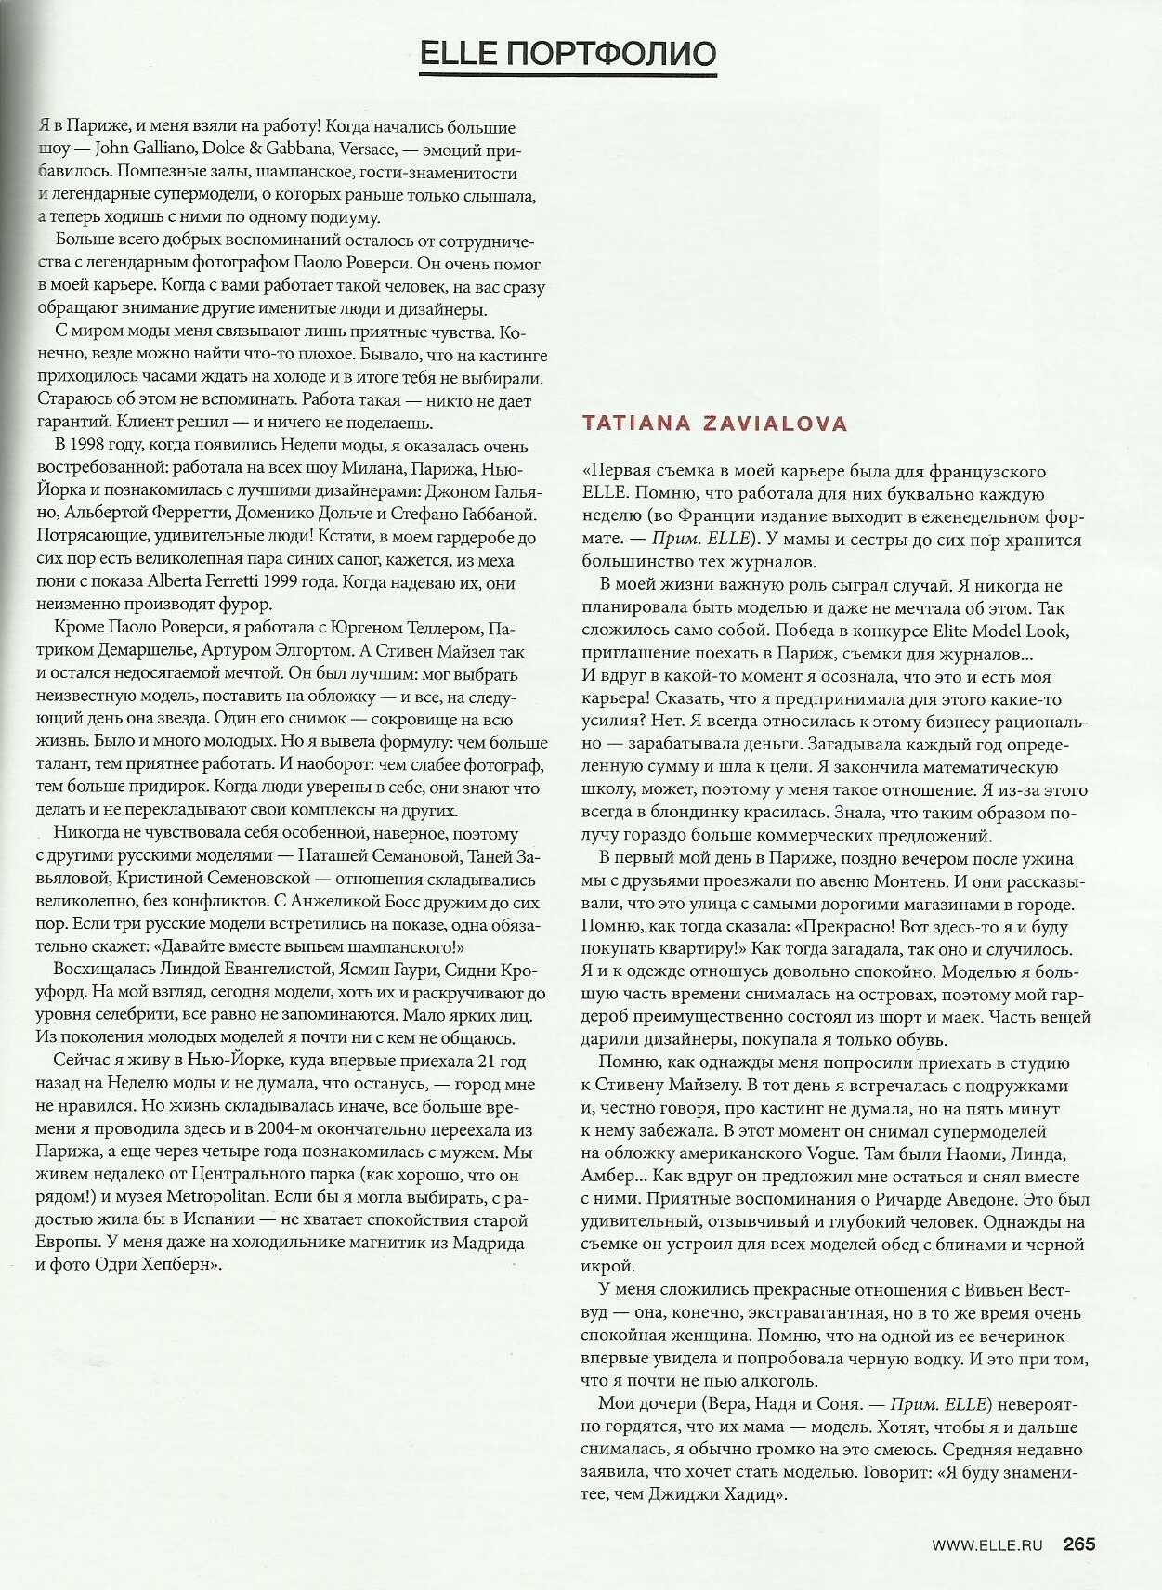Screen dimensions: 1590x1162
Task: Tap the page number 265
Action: point(1079,1544)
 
